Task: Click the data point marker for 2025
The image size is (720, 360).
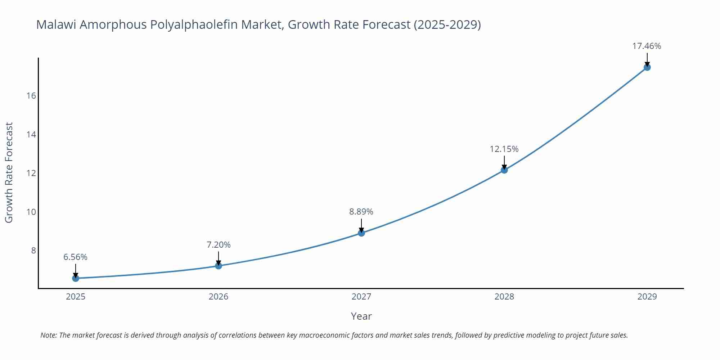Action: (76, 278)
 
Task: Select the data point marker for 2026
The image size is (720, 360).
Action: (219, 266)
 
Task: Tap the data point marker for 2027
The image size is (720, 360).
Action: (361, 233)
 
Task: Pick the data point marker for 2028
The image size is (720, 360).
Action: (504, 170)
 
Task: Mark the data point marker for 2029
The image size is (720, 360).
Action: (647, 67)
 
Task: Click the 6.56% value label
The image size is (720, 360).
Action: (76, 257)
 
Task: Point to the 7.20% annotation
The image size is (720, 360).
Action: (219, 245)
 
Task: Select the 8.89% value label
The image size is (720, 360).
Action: (361, 212)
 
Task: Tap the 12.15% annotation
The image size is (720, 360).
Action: (504, 149)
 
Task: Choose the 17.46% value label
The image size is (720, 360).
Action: (647, 46)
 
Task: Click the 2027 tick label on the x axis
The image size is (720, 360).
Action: (361, 297)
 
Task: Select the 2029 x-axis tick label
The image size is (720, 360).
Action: (647, 297)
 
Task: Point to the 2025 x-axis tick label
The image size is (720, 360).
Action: (76, 297)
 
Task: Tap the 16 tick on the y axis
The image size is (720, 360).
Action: (31, 96)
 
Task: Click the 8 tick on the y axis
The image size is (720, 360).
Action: (33, 251)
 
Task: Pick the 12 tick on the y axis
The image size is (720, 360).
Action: (31, 173)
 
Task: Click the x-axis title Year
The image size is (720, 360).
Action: (361, 316)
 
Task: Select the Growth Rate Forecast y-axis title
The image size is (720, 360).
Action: (9, 172)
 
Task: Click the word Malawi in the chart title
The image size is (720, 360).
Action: (55, 25)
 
